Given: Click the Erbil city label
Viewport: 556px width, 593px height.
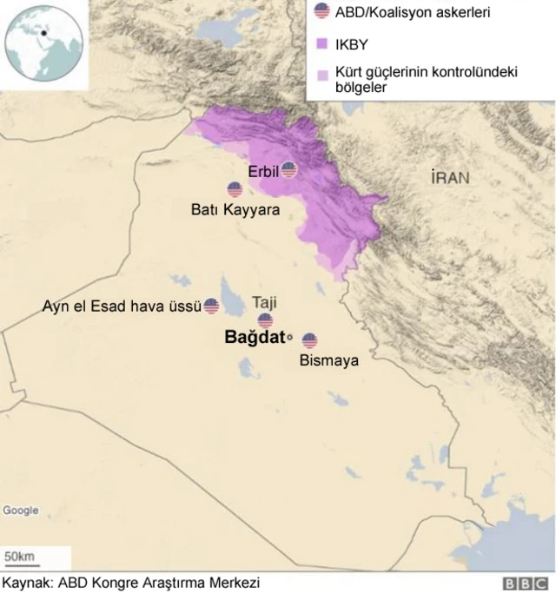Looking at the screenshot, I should click(262, 171).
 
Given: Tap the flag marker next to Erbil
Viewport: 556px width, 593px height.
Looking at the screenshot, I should click(288, 169).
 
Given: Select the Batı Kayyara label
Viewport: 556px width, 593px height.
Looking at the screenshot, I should click(235, 209).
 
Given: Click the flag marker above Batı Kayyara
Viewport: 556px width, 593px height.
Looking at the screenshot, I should click(235, 189).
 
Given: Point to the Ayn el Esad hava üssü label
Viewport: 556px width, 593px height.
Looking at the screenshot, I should click(122, 306).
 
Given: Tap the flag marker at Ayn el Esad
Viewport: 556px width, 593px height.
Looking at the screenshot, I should click(211, 306).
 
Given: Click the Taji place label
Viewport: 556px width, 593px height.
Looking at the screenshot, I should click(265, 301).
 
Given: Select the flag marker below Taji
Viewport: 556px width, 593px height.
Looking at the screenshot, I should click(265, 320).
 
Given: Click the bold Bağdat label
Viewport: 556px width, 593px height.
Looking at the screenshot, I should click(255, 338).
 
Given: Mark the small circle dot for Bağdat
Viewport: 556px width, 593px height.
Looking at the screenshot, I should click(289, 339).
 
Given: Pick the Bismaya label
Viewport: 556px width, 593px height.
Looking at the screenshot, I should click(328, 359).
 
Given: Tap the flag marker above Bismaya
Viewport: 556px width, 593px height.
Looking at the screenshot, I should click(309, 340).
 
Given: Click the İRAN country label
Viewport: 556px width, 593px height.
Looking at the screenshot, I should click(450, 178).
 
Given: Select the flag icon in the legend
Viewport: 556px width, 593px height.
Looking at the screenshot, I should click(322, 11).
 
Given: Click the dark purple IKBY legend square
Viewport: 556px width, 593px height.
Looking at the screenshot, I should click(322, 43).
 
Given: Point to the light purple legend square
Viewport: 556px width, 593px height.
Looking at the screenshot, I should click(322, 73).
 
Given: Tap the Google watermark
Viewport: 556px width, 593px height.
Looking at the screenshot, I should click(20, 511).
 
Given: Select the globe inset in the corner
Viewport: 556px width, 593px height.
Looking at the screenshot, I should click(43, 43).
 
